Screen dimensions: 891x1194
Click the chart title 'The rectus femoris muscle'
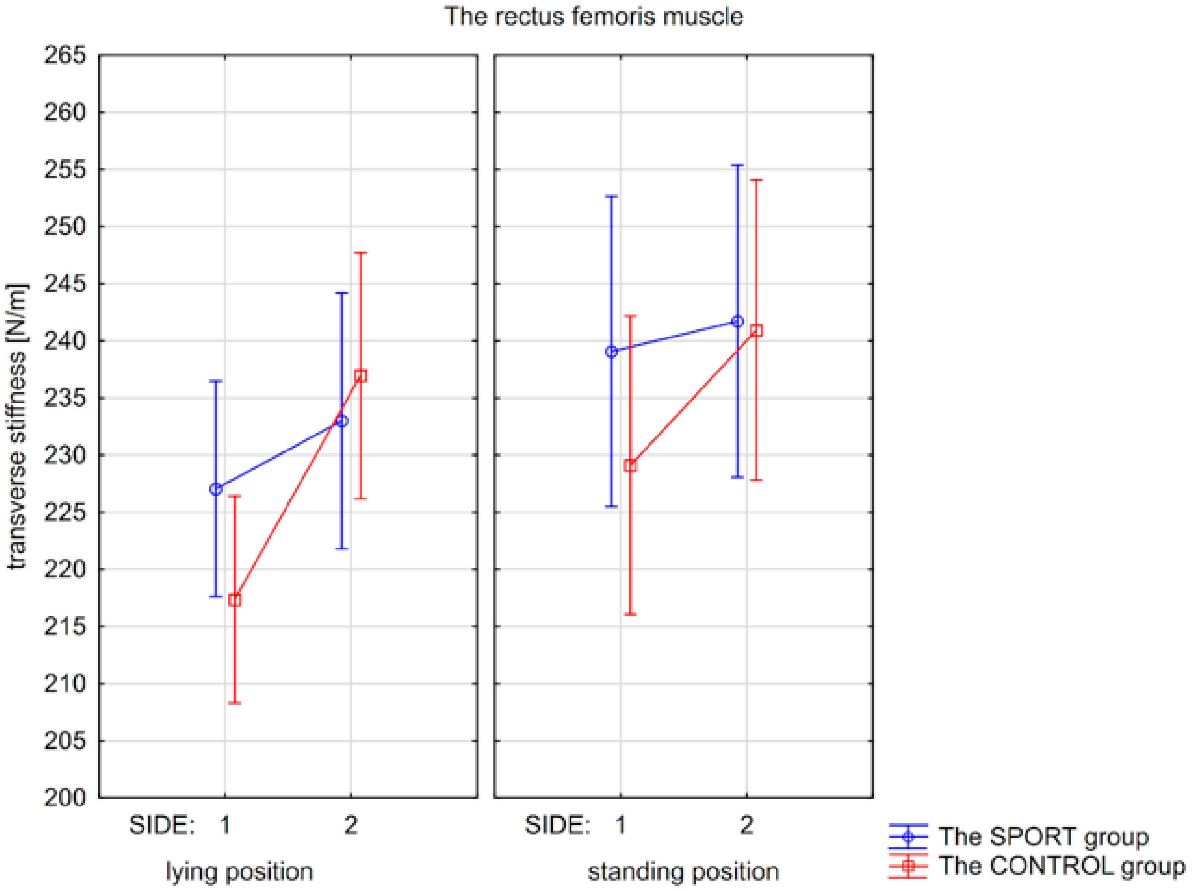tap(593, 16)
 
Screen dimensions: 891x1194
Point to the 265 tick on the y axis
tap(65, 55)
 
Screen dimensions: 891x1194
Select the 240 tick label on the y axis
tap(65, 341)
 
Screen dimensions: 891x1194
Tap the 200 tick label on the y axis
tap(65, 797)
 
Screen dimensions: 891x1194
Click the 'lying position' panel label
tap(239, 871)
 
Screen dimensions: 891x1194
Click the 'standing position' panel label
tap(683, 871)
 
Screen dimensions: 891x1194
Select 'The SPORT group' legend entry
tap(1043, 836)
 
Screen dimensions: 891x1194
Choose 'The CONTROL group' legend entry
tap(1061, 866)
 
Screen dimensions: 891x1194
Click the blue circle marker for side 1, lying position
tap(216, 489)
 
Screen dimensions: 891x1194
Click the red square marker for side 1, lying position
tap(234, 600)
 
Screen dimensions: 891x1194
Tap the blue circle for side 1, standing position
tap(611, 352)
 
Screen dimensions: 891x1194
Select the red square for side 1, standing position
tap(630, 465)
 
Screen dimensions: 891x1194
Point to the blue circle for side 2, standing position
tap(737, 322)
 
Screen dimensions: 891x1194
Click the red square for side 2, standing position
tap(756, 330)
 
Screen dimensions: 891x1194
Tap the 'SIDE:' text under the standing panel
tap(557, 825)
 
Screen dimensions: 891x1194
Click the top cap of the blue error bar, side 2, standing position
tap(737, 166)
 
